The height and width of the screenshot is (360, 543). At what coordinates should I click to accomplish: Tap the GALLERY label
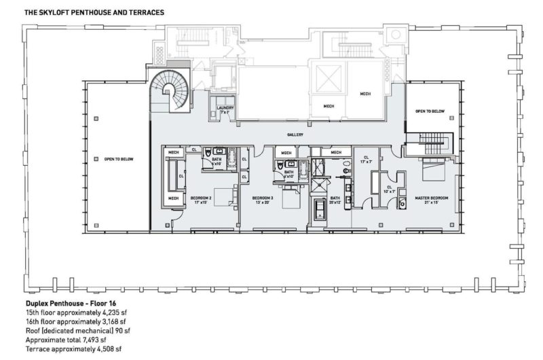[x=295, y=134]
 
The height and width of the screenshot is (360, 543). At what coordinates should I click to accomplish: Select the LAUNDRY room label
[x=225, y=109]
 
